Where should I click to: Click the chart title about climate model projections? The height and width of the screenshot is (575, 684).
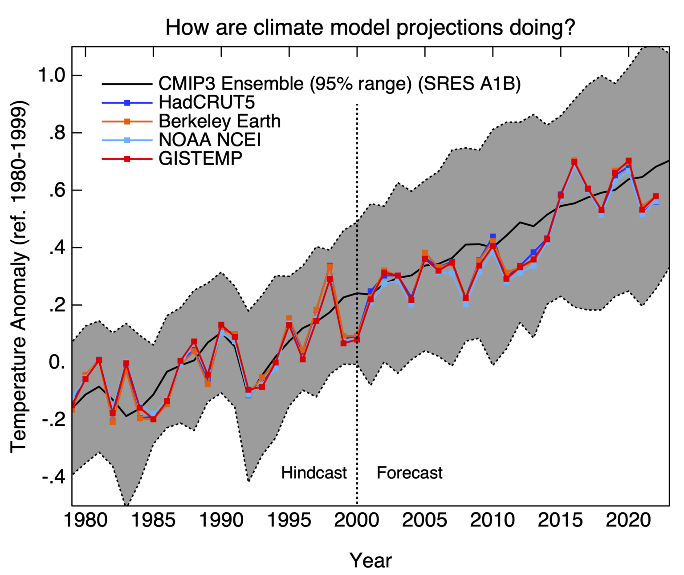click(370, 27)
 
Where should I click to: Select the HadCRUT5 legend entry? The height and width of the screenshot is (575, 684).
click(207, 102)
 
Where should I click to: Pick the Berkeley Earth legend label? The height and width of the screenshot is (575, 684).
click(220, 121)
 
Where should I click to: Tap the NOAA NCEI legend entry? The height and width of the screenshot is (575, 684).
click(209, 140)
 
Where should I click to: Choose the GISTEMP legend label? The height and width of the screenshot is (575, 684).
click(200, 158)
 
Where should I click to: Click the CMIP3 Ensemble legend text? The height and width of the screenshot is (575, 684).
click(339, 84)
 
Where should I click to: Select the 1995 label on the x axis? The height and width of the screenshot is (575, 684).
click(289, 520)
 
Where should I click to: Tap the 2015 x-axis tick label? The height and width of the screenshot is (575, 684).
click(561, 520)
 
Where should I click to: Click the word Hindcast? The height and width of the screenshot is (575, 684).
click(313, 473)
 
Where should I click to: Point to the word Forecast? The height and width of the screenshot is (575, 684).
click(409, 473)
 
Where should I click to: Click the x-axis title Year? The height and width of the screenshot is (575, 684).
click(370, 560)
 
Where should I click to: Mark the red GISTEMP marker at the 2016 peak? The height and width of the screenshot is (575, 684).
click(574, 162)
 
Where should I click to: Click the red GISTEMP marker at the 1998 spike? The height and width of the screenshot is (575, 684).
click(330, 279)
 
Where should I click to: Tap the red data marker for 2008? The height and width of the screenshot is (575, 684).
click(466, 298)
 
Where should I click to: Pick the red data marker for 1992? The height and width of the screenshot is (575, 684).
click(248, 390)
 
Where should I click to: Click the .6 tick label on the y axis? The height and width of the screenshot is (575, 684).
click(55, 190)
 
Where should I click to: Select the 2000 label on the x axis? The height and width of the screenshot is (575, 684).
click(357, 520)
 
